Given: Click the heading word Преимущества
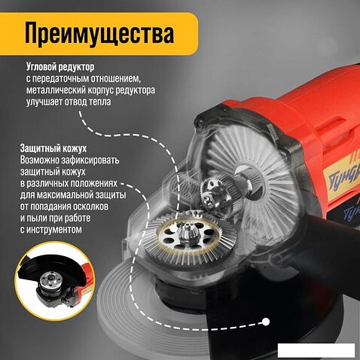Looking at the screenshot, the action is point(99,34).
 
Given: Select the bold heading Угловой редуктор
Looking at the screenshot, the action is point(60,67).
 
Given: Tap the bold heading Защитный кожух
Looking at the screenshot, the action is point(53,148).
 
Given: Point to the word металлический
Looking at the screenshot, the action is point(56,90).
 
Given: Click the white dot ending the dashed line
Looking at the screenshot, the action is point(266,322).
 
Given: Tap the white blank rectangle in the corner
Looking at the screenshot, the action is point(316,350).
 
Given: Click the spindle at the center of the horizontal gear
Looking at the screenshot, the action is point(186,230).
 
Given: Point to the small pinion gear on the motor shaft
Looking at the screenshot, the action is point(212,194).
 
